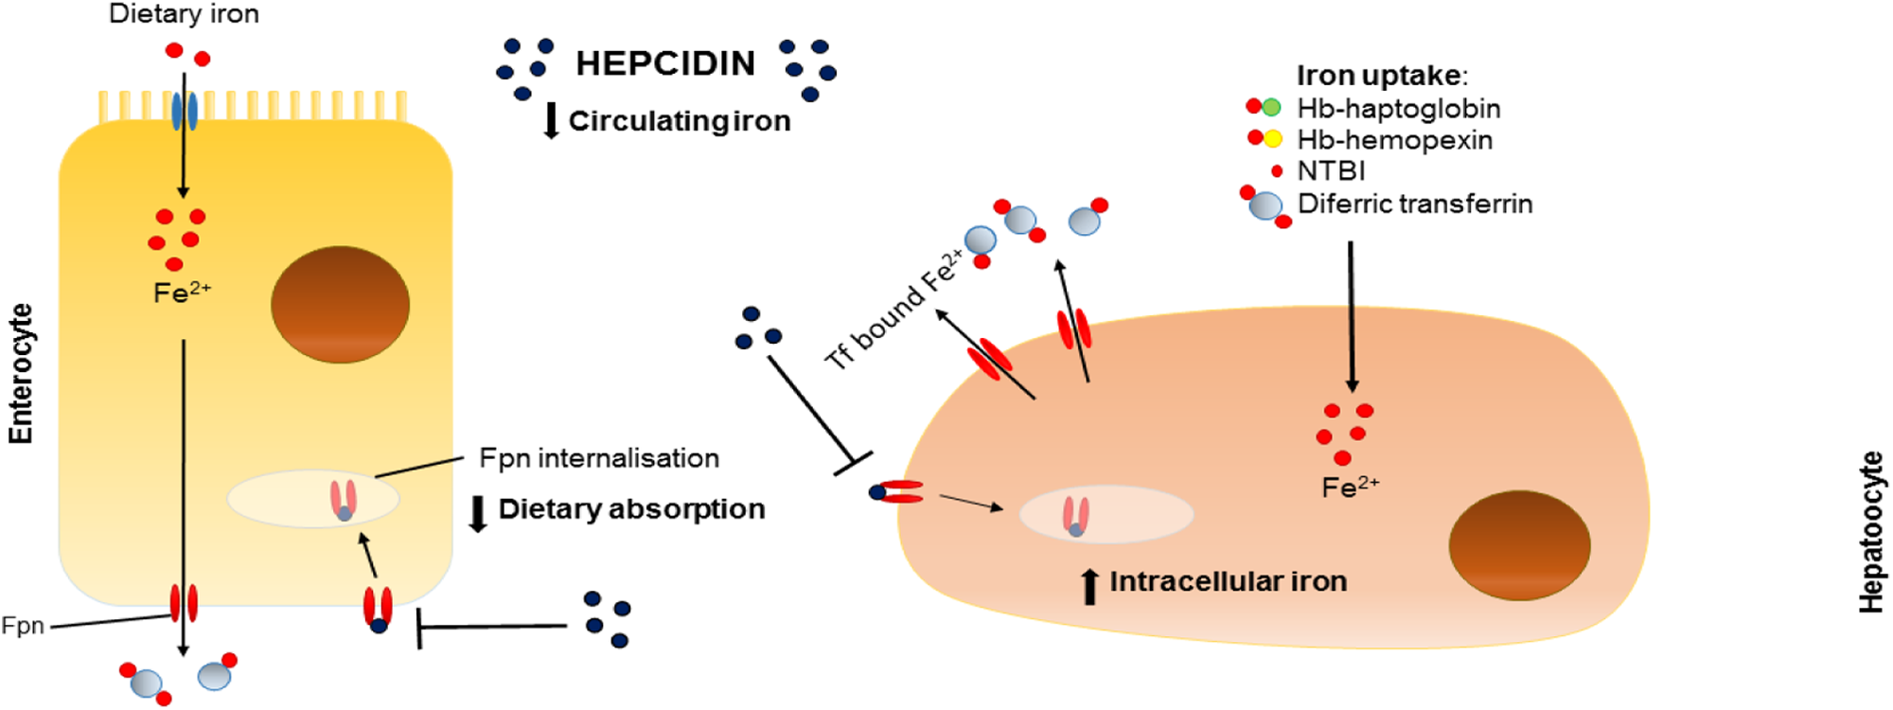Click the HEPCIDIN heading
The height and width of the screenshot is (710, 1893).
click(665, 63)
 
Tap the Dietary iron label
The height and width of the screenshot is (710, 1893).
click(184, 13)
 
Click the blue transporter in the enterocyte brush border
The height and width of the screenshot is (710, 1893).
click(184, 112)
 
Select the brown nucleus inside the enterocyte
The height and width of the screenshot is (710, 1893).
click(340, 304)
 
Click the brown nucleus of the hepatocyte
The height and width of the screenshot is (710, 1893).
click(1519, 544)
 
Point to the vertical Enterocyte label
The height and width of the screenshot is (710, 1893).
click(21, 373)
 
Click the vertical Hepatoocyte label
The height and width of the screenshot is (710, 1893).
click(1871, 532)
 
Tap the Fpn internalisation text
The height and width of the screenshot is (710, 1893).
click(598, 458)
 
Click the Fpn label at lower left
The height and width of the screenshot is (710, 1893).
click(23, 626)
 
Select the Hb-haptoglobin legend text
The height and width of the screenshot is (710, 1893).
click(1398, 109)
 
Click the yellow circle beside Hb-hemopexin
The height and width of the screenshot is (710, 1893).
click(1273, 139)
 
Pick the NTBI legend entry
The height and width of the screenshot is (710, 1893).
click(1330, 171)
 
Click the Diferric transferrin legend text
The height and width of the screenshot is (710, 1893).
click(1414, 204)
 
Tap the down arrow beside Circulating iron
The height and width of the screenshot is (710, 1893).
click(551, 121)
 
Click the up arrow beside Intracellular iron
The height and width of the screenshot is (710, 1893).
click(1089, 586)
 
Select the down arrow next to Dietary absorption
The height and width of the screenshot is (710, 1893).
click(478, 512)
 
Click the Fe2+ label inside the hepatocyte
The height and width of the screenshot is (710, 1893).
click(1349, 487)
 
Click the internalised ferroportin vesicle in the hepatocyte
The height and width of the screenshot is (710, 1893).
click(1106, 514)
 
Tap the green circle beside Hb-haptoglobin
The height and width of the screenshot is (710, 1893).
click(1272, 108)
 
